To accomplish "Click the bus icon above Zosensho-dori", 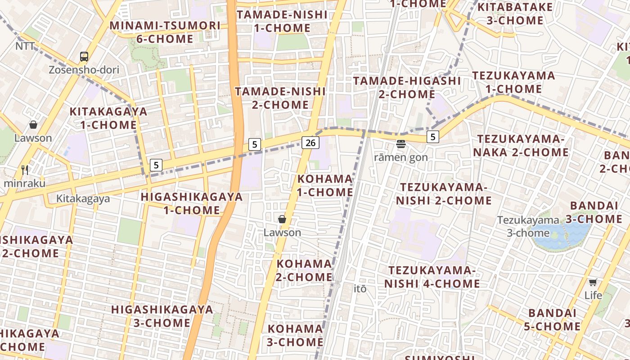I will coord(84,57).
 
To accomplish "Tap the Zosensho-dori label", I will coord(84,70).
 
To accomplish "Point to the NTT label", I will coord(25,46).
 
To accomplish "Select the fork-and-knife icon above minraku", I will coord(25,170).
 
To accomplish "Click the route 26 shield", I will coord(310,143).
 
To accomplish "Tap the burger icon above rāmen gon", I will coord(400,144).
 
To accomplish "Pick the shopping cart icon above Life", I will coord(593,282).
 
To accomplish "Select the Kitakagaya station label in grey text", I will coord(83,198).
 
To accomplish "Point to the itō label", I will coord(360,288).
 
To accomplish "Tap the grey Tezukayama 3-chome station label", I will coord(528,226).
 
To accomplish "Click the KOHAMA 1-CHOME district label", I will coord(325,185).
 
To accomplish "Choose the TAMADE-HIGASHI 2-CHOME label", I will coord(407,87).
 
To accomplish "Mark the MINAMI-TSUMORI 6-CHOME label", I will coord(165,32).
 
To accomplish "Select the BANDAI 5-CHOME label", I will coord(552,319).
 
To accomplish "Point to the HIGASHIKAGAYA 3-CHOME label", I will coord(162,316).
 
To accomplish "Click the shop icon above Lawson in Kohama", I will coord(282,219).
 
